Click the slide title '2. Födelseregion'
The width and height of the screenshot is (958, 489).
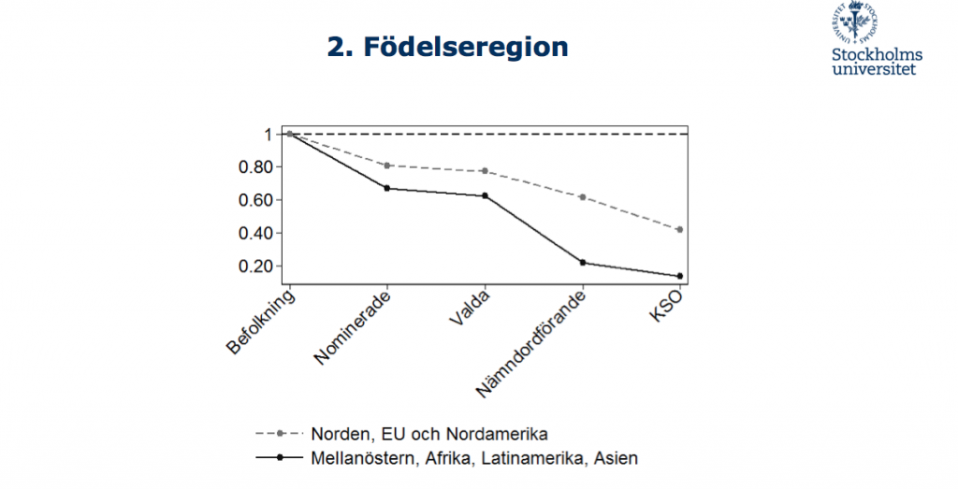(x=447, y=47)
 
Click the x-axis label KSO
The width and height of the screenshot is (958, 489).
(x=666, y=309)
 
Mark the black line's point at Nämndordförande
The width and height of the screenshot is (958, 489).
(x=582, y=263)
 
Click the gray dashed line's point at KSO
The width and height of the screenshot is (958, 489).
(x=679, y=229)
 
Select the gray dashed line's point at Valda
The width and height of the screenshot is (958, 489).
(x=485, y=171)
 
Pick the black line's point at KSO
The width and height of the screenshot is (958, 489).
(x=679, y=276)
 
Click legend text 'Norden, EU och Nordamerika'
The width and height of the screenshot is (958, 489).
(x=427, y=434)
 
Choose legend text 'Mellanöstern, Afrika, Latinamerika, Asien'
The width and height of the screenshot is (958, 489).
(x=473, y=458)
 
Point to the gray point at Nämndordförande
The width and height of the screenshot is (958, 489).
(x=582, y=197)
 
